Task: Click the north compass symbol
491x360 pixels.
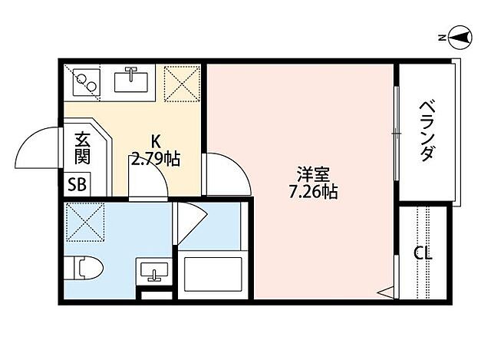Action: (460, 36)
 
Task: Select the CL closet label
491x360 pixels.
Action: (422, 253)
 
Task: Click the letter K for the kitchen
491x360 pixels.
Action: (155, 142)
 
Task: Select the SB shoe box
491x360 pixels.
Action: (77, 184)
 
